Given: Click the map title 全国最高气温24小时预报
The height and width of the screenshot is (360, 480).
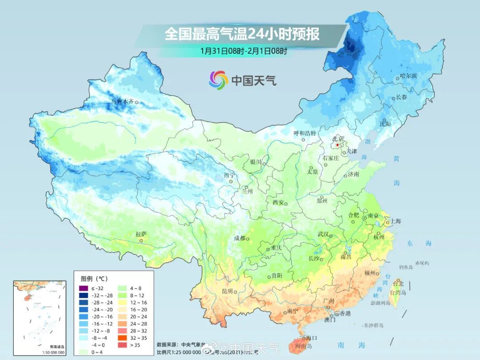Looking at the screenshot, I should [242, 34].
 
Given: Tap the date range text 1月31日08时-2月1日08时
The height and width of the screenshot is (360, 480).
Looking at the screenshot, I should [244, 51].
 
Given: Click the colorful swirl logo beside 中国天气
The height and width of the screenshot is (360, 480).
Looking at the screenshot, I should [218, 80].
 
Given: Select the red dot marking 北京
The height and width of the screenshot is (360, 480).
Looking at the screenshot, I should [338, 145].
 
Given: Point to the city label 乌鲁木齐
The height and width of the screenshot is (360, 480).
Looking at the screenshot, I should [122, 102].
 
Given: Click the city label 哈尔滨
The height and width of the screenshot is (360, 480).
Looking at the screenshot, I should [408, 76].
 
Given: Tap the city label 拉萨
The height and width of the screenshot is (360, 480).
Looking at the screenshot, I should [140, 234].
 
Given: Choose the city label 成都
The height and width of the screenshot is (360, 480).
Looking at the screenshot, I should [239, 238].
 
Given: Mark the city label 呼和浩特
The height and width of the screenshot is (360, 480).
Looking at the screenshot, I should [304, 133].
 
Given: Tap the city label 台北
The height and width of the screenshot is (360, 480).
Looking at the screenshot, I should [398, 283].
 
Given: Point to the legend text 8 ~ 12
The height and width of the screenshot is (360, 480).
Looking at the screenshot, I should [139, 295].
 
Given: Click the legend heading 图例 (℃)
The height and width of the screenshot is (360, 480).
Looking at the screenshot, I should [94, 279].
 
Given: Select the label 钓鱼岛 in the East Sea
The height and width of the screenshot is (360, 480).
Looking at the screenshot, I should [406, 267].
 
